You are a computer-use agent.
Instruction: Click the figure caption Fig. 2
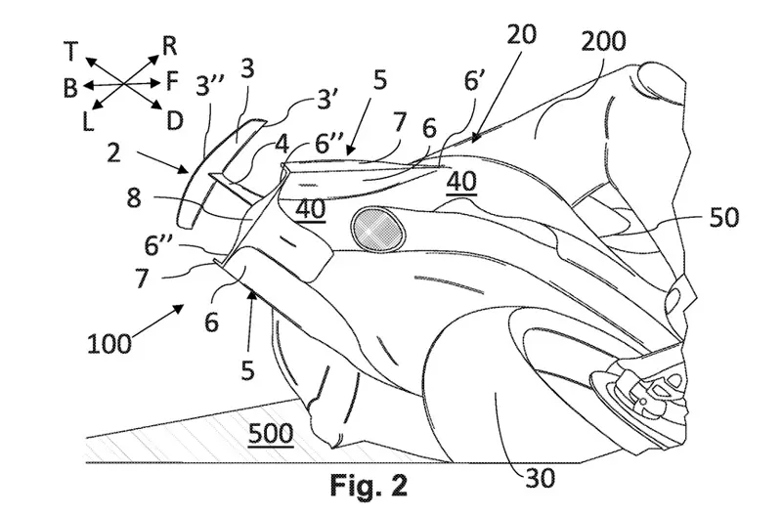click(x=369, y=485)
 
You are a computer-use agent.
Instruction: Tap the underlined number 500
click(x=271, y=434)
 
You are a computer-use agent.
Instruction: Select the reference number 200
click(x=603, y=42)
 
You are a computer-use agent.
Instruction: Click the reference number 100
click(x=109, y=344)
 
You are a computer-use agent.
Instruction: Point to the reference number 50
click(x=724, y=217)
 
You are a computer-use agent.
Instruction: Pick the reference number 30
click(x=541, y=479)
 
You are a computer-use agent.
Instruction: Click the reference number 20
click(x=522, y=34)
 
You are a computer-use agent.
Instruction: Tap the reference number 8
click(x=134, y=198)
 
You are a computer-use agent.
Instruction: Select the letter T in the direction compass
click(x=71, y=52)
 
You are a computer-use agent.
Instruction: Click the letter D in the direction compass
click(x=175, y=120)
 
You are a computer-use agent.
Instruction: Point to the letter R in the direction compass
click(x=169, y=46)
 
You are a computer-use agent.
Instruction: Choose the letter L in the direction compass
click(x=88, y=121)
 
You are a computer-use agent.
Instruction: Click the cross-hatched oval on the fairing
click(x=375, y=229)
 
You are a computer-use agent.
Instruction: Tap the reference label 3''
click(x=210, y=87)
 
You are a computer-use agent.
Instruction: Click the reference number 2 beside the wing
click(x=113, y=152)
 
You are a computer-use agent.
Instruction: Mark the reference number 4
click(x=282, y=145)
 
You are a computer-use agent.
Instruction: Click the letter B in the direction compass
click(x=70, y=88)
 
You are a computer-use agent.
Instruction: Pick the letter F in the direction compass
click(x=172, y=81)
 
